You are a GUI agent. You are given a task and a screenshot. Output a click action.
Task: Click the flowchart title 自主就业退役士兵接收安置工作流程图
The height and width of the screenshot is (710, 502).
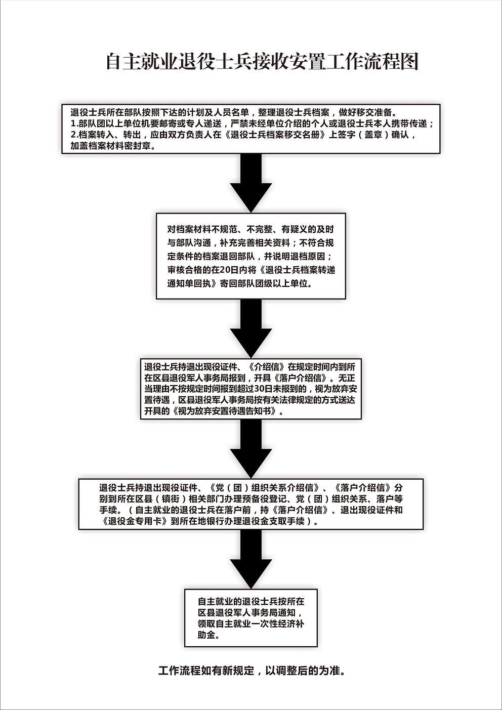(262, 61)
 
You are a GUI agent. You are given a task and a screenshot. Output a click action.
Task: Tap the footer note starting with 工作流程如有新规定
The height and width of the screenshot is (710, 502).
(252, 671)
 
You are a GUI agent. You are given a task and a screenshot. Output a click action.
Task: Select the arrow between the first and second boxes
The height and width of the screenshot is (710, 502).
(251, 183)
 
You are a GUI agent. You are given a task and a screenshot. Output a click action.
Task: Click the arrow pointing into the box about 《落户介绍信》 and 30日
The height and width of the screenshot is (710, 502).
(251, 329)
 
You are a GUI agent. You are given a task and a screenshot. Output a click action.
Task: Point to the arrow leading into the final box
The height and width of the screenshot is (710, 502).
(251, 559)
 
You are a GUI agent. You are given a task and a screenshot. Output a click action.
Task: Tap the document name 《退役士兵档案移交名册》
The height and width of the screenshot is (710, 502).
(275, 135)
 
